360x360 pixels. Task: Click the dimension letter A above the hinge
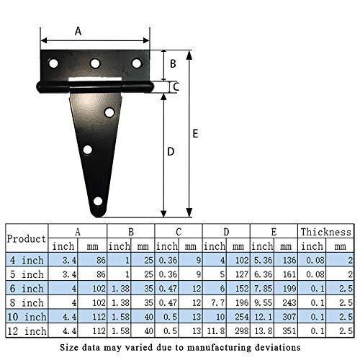[78, 30]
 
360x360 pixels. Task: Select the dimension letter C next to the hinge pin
[177, 87]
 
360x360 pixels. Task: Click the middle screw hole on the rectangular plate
[95, 64]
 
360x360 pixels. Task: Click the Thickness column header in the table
[326, 232]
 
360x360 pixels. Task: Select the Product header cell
[27, 238]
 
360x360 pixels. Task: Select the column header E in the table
[274, 232]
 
